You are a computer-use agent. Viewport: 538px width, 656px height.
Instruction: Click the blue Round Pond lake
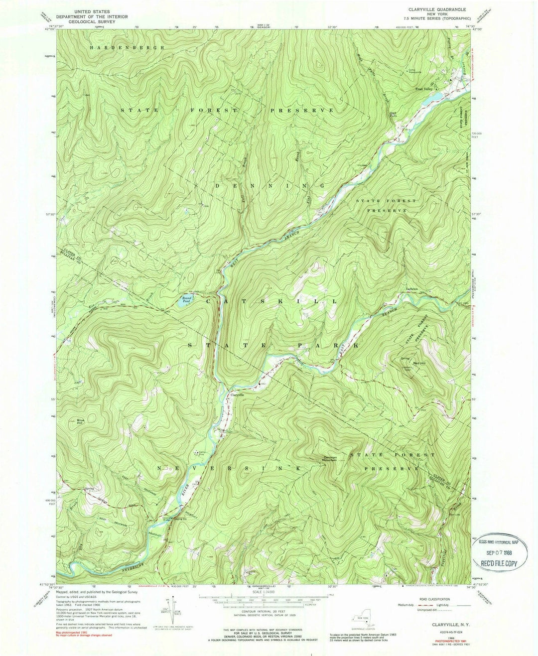pos(185,300)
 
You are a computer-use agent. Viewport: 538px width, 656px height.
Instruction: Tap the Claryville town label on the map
pos(237,394)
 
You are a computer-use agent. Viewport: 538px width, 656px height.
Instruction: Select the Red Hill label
pos(421,364)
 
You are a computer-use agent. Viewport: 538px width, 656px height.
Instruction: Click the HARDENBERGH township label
pos(127,47)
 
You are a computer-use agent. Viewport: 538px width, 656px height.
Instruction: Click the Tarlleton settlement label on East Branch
pos(411,289)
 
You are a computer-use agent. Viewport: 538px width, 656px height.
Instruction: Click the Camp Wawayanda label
pos(414,71)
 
